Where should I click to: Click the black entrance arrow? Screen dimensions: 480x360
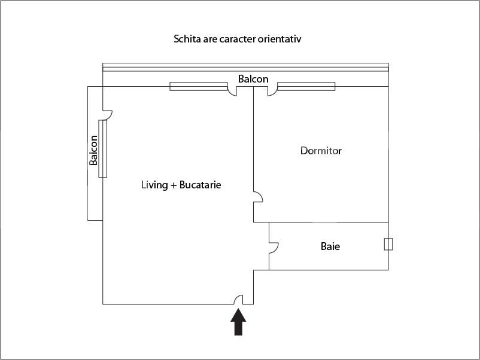coord(238,322)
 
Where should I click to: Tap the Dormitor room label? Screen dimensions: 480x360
coord(321,151)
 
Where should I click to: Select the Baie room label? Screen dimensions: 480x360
coord(330,246)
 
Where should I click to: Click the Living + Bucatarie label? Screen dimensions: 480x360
coord(181,185)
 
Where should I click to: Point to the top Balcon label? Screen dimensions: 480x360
coord(253,79)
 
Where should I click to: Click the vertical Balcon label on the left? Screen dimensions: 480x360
coord(94,150)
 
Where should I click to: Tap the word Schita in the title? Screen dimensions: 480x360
coord(187,39)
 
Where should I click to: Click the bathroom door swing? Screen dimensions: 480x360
coord(274,247)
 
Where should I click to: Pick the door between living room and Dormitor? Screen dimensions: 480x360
coord(258,198)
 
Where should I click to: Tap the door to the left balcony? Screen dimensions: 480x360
coord(108,114)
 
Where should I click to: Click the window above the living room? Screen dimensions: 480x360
coord(190,86)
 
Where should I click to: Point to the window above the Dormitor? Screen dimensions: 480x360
coord(306,86)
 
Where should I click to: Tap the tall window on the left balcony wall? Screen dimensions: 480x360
coord(103,148)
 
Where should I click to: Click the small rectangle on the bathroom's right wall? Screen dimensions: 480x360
coord(388,244)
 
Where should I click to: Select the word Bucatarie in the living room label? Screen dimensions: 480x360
coord(200,185)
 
